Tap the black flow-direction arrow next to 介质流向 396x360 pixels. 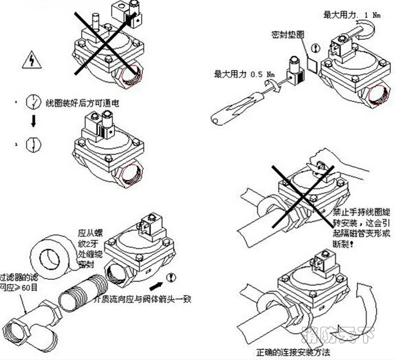click(x=163, y=275)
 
